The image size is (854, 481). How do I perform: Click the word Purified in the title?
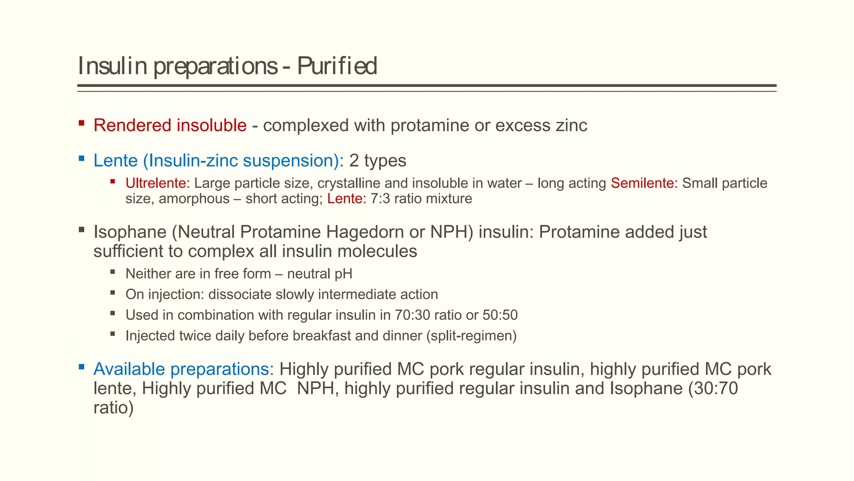tap(337, 66)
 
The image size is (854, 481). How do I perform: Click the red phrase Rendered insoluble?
tap(170, 125)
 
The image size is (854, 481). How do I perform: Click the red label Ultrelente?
tap(158, 183)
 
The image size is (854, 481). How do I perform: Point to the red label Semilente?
tap(644, 183)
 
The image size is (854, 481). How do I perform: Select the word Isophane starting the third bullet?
tap(130, 232)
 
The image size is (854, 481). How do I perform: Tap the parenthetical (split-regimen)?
tap(471, 336)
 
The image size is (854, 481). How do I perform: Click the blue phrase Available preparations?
tap(183, 369)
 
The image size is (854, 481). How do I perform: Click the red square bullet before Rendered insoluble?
tap(82, 123)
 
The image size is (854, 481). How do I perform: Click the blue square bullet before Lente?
tap(82, 158)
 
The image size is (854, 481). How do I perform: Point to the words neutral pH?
tap(320, 274)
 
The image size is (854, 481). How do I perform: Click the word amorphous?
tap(194, 198)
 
